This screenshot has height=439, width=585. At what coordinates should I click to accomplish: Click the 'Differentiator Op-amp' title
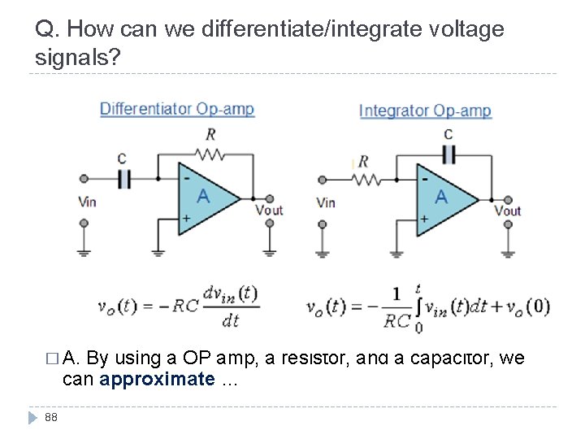point(176,109)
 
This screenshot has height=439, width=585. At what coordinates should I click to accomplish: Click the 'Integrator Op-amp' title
point(425,111)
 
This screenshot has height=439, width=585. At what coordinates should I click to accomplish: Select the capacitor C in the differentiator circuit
point(124,178)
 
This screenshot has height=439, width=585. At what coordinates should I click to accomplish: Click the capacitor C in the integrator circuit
point(448,154)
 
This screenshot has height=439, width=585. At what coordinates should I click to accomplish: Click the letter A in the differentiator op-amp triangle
point(203,196)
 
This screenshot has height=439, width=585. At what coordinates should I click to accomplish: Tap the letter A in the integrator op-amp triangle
point(441,196)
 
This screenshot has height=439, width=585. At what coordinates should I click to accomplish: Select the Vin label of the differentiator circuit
point(87,202)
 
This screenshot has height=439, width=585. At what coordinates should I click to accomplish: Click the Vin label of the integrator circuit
point(325,202)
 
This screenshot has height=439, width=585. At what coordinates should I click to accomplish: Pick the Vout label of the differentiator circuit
point(269,210)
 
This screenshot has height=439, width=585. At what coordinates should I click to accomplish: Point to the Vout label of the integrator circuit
point(508,211)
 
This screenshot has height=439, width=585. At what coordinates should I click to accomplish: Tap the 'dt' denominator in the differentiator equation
point(230,320)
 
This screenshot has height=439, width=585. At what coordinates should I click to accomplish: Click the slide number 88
point(51,418)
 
